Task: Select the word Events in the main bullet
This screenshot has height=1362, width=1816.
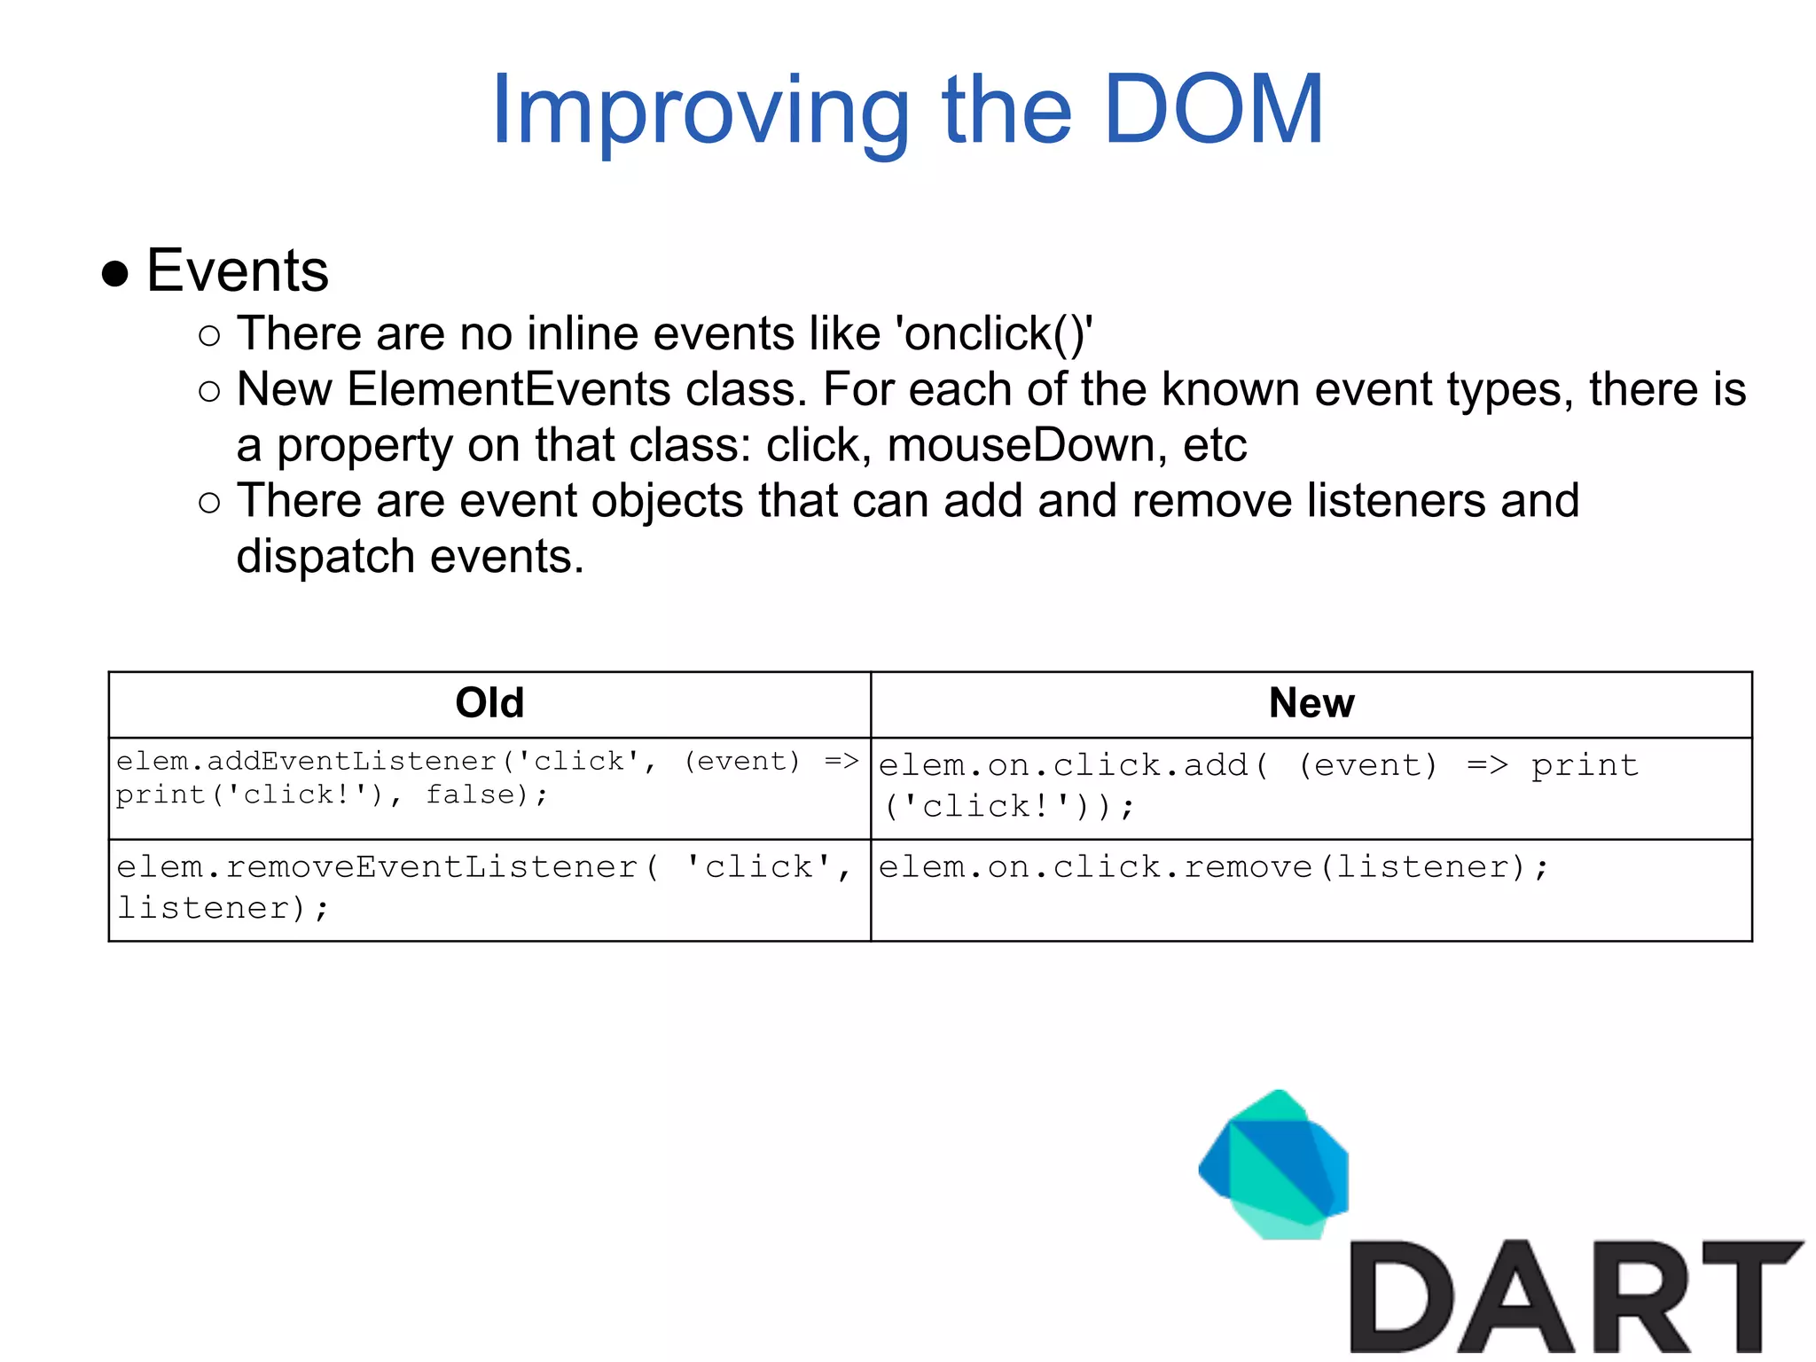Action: click(x=238, y=270)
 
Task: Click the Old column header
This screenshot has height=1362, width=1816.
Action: click(x=489, y=703)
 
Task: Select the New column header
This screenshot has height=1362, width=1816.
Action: click(x=1311, y=703)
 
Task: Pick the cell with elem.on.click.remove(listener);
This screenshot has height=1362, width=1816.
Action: click(x=1311, y=889)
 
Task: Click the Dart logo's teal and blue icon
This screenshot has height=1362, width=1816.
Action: click(x=1274, y=1165)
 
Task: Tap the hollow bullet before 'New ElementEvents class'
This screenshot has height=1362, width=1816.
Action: click(x=209, y=391)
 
